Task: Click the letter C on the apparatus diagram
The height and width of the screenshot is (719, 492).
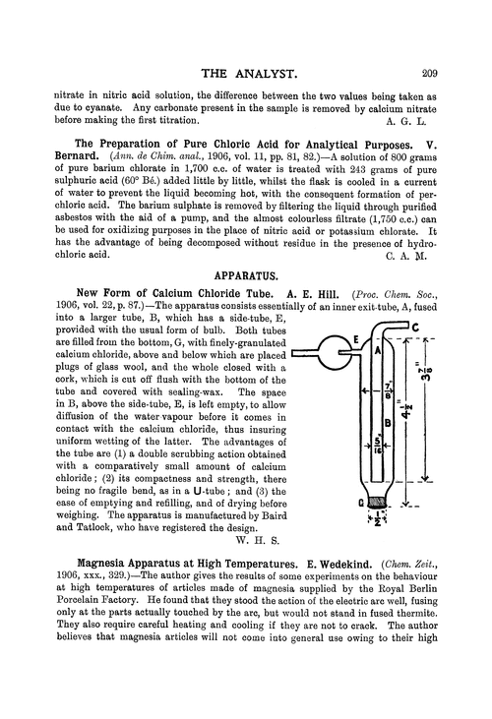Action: click(x=415, y=329)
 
